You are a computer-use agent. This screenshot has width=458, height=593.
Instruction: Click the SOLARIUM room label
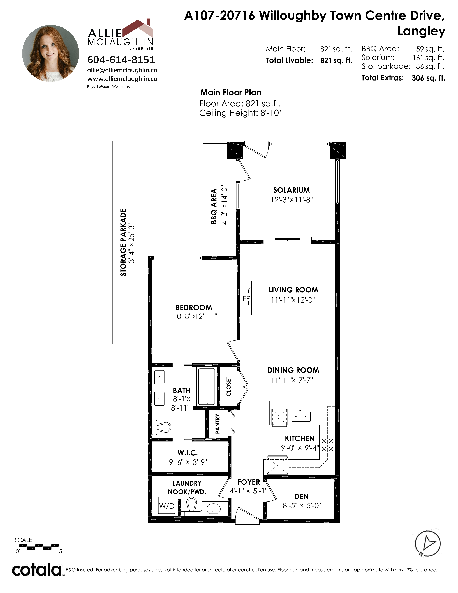coord(291,190)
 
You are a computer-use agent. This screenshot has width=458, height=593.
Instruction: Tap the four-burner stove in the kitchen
coord(327,445)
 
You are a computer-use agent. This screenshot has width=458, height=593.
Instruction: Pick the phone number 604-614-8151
coord(121,59)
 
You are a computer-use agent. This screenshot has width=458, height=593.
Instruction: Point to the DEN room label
coord(301,497)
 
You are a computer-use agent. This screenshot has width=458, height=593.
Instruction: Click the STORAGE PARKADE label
coord(123,242)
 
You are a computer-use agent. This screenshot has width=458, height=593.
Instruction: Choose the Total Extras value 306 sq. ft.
coord(428,78)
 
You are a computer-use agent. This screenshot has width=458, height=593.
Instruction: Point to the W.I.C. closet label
coord(188,453)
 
